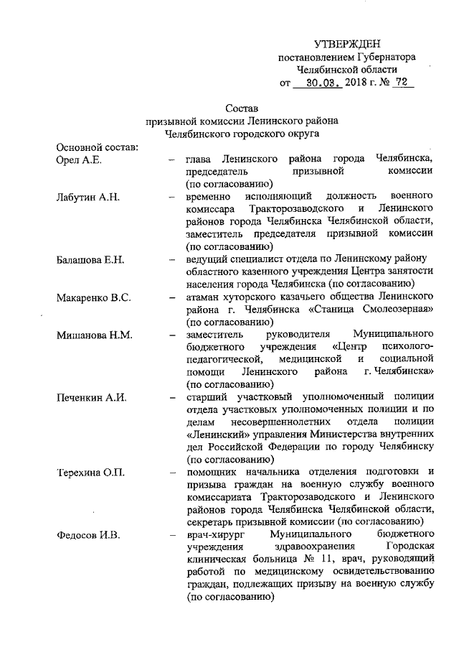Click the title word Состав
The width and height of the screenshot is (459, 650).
[x=241, y=108]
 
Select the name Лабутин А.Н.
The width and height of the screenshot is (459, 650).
[x=86, y=196]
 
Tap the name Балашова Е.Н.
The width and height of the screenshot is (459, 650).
[x=90, y=259]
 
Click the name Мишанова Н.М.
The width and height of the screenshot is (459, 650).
[x=91, y=335]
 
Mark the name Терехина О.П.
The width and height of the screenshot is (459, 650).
[x=90, y=472]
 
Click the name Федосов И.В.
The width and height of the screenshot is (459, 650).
[x=86, y=534]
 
